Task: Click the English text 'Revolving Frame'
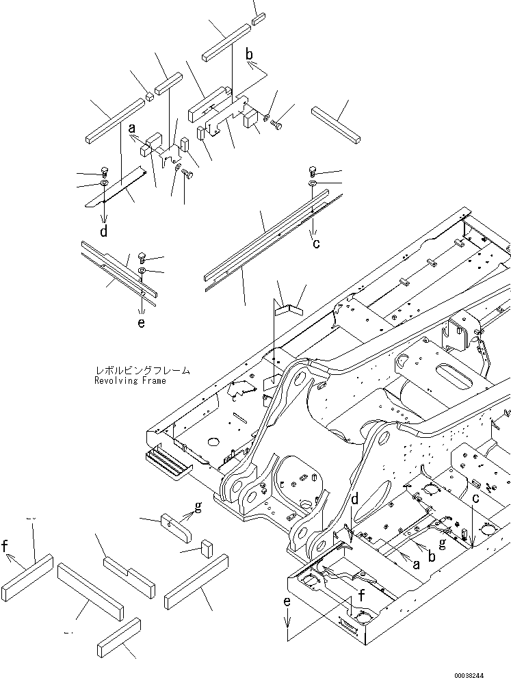click(x=130, y=380)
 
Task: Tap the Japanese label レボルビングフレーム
click(x=142, y=371)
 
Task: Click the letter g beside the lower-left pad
click(x=198, y=507)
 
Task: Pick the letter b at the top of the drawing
click(x=250, y=54)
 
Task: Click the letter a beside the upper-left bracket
click(x=132, y=128)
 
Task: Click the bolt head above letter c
click(x=313, y=170)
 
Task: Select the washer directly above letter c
click(x=313, y=184)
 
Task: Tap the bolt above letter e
click(x=142, y=257)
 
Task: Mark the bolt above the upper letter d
click(x=104, y=171)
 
